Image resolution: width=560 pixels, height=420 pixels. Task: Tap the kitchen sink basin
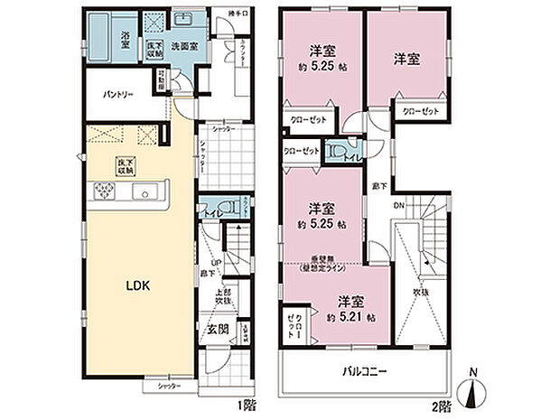[144, 193]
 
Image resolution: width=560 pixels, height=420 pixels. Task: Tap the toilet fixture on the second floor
[338, 150]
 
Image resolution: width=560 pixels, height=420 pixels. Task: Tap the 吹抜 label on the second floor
[421, 292]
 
